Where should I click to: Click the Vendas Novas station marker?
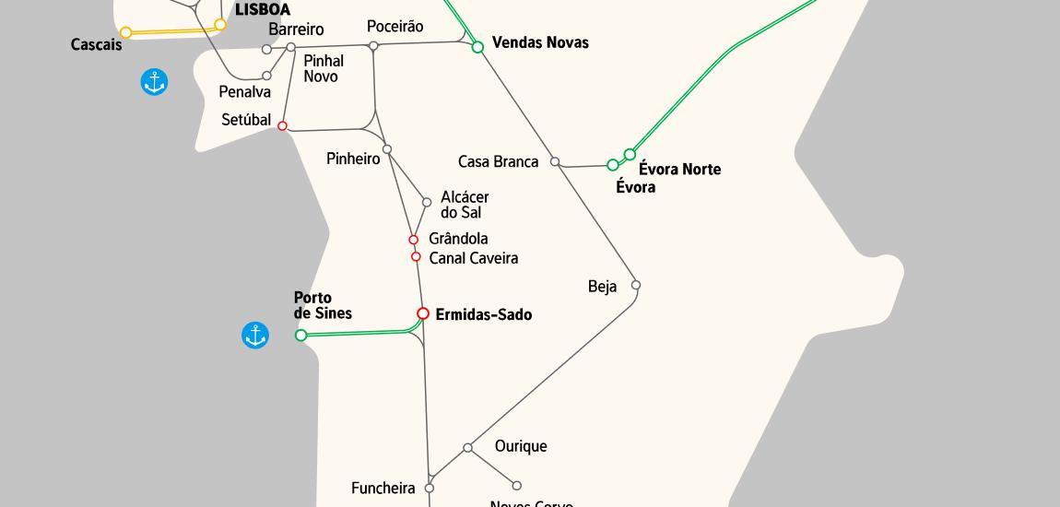coord(477,46)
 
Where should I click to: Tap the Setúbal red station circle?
coord(282,126)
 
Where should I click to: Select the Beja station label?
coord(602,287)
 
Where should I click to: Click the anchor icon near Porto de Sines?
coord(255,336)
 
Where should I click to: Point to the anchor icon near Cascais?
coord(154,82)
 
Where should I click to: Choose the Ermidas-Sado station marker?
coord(423,313)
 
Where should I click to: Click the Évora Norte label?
coord(679,170)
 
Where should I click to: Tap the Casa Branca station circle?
coord(555,162)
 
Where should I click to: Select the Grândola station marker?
coord(414,240)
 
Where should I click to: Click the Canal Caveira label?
coord(473,258)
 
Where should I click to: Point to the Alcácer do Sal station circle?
coord(427,203)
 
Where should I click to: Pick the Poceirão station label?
coord(395,27)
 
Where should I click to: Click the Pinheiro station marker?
coord(387,149)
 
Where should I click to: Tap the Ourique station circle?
coord(468,448)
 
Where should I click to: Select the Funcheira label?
coord(383,489)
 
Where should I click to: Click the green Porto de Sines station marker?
coord(300,336)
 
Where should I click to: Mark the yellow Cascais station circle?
coord(126,32)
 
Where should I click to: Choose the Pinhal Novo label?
coord(323,69)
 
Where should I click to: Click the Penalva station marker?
coord(267,76)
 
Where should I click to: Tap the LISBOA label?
coord(263,10)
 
